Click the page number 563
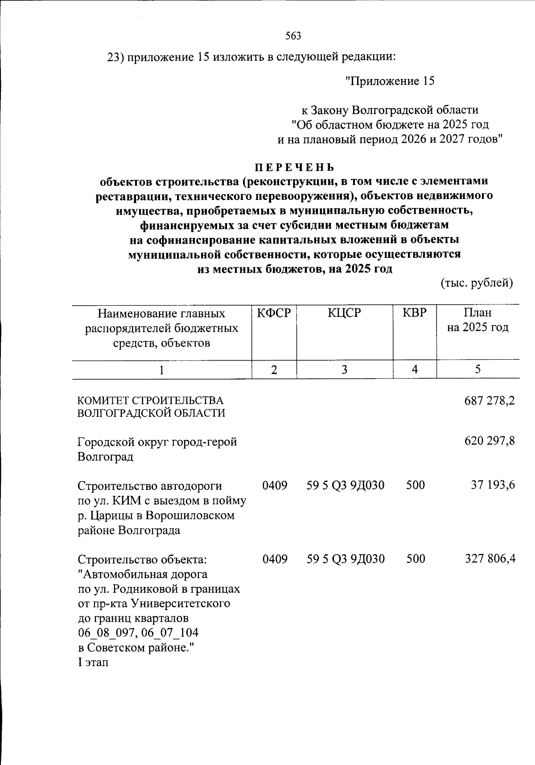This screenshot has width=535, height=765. (x=293, y=36)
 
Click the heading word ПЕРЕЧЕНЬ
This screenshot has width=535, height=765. (x=294, y=167)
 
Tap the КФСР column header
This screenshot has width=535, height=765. (x=274, y=313)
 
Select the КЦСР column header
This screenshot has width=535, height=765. (x=344, y=313)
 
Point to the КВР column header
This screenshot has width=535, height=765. (x=414, y=313)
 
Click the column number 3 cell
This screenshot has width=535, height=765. (x=344, y=370)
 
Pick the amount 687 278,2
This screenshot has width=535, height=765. (x=490, y=400)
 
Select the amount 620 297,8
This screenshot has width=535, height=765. (x=490, y=441)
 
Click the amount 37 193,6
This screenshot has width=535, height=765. (x=493, y=485)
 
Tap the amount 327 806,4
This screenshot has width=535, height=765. (x=490, y=558)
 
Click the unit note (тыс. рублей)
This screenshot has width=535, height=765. (x=477, y=283)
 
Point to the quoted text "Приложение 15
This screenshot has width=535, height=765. (x=390, y=81)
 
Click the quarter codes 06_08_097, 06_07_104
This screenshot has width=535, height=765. (x=138, y=633)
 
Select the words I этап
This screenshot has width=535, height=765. (x=93, y=662)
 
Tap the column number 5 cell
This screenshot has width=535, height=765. (x=477, y=370)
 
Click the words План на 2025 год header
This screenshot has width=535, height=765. (x=477, y=320)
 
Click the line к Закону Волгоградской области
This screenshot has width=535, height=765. (x=390, y=110)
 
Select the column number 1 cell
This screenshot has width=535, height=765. (x=161, y=370)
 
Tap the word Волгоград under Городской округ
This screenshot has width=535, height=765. (x=105, y=457)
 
